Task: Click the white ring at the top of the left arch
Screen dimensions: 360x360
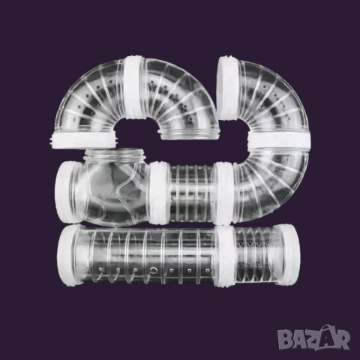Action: pyautogui.click(x=135, y=87)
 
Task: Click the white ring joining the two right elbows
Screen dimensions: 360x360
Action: pyautogui.click(x=279, y=140)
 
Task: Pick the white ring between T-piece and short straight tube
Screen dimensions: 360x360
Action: pyautogui.click(x=160, y=192)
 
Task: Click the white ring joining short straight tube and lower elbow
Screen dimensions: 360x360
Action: pyautogui.click(x=224, y=193)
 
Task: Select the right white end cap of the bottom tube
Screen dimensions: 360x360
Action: pyautogui.click(x=286, y=254)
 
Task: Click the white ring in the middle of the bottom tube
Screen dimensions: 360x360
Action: pyautogui.click(x=225, y=256)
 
